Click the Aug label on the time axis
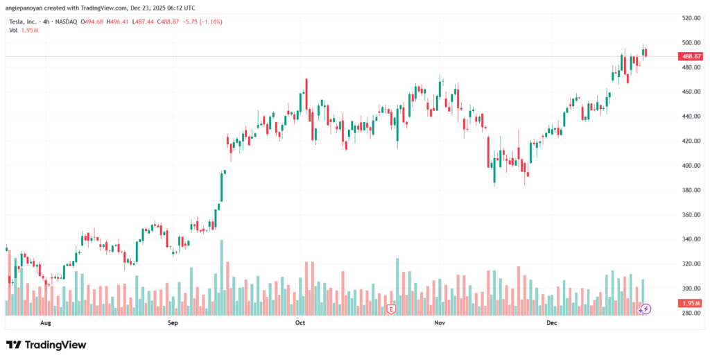(x=46, y=323)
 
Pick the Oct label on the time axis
(x=300, y=323)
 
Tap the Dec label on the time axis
(x=552, y=323)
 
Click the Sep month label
(x=173, y=323)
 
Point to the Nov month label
(x=439, y=323)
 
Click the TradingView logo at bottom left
(x=46, y=345)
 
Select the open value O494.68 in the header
(x=93, y=22)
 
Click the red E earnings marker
(x=392, y=309)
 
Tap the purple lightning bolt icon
(x=646, y=309)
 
